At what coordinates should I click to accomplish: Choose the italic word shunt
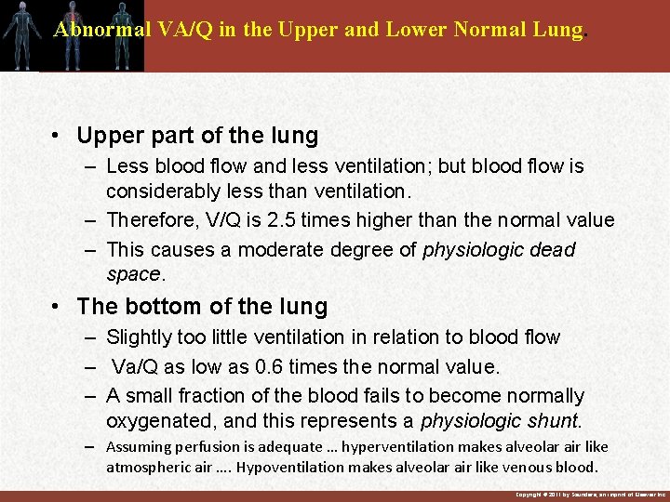pyautogui.click(x=554, y=422)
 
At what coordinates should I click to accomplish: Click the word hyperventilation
pyautogui.click(x=398, y=447)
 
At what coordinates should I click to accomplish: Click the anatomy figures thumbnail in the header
pyautogui.click(x=72, y=36)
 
